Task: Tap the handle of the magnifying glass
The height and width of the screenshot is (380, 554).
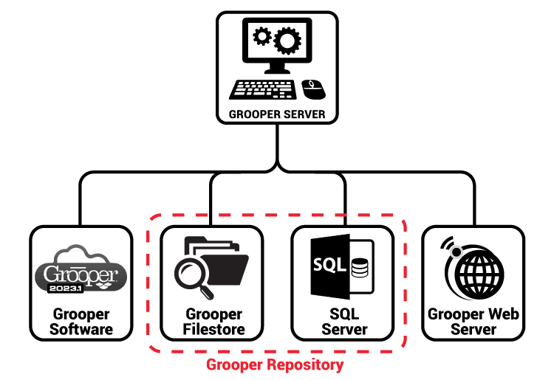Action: point(208,294)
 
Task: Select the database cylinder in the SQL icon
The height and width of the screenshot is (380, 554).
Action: point(360,266)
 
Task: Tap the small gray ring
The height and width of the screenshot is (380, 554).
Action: point(456,252)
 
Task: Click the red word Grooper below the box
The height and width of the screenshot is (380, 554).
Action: point(234,365)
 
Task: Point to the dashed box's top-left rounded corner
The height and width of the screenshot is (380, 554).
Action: point(154,220)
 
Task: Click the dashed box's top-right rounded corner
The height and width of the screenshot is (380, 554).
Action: point(401,220)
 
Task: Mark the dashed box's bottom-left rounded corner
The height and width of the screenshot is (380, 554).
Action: point(154,345)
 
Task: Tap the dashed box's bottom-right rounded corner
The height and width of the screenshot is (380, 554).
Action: point(401,345)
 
